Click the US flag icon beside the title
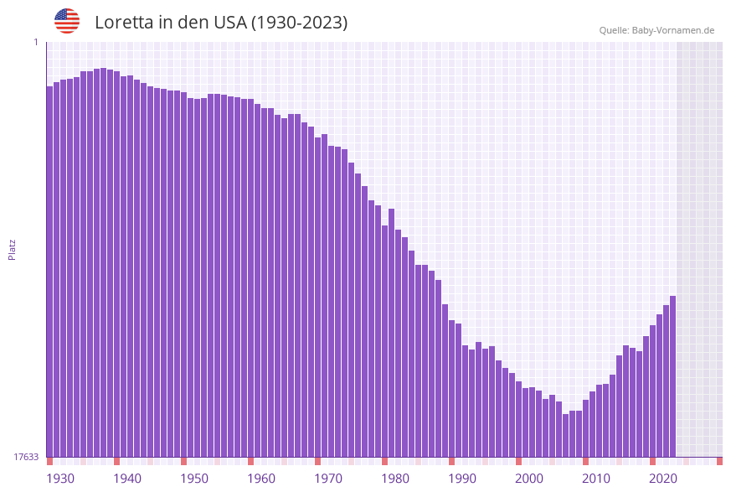tap(67, 21)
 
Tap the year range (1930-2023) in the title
tap(299, 23)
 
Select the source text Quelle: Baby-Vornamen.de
tap(656, 30)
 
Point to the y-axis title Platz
tap(12, 249)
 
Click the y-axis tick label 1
tap(36, 42)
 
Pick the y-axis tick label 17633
tap(26, 457)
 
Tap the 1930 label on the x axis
tap(60, 479)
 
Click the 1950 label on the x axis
tap(194, 479)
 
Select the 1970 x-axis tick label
tap(328, 479)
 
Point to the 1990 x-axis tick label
tap(462, 479)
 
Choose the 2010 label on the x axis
tap(596, 479)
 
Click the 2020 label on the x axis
tap(663, 479)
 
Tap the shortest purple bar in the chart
tap(565, 435)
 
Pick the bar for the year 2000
tap(518, 418)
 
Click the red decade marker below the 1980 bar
tap(384, 461)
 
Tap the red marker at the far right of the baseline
tap(719, 461)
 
